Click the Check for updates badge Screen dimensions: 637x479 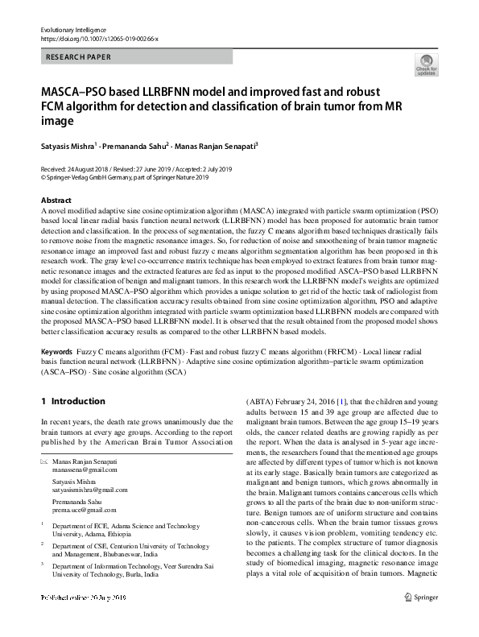426,64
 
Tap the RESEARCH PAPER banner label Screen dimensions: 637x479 79,57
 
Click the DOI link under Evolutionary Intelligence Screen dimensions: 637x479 99,38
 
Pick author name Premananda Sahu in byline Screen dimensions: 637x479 137,147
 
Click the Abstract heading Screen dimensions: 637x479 56,200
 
